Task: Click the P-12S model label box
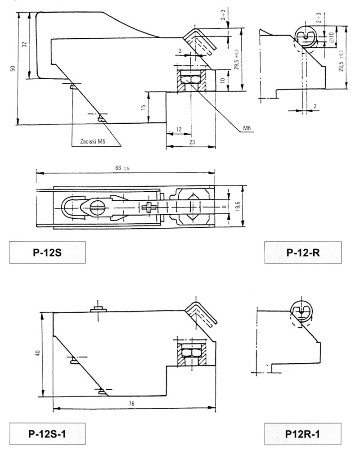(47, 252)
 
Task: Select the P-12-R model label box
(303, 252)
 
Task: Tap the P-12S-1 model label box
(47, 433)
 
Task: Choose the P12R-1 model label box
(303, 433)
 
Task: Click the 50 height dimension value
(13, 68)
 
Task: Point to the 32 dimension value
(25, 45)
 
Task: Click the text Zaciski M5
(93, 141)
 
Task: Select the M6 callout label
(247, 128)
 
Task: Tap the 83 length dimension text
(122, 168)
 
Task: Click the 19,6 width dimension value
(238, 206)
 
